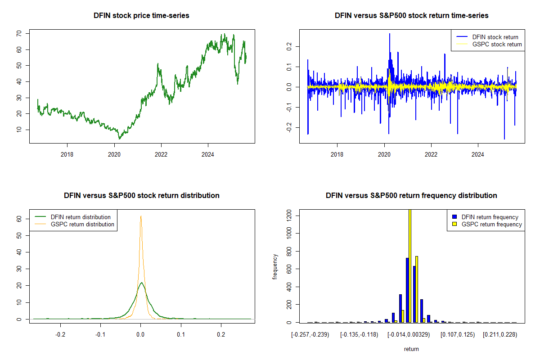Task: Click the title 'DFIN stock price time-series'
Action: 141,15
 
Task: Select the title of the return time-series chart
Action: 411,15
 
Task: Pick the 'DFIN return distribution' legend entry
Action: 81,217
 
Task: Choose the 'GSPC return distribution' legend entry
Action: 82,224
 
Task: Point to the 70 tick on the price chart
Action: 19,33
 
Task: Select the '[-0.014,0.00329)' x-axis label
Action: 408,334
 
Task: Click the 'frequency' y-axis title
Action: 275,267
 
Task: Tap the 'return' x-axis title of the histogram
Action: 411,349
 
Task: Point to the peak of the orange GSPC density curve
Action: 141,216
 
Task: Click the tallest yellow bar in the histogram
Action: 409,265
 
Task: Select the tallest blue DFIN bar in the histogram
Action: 407,290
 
